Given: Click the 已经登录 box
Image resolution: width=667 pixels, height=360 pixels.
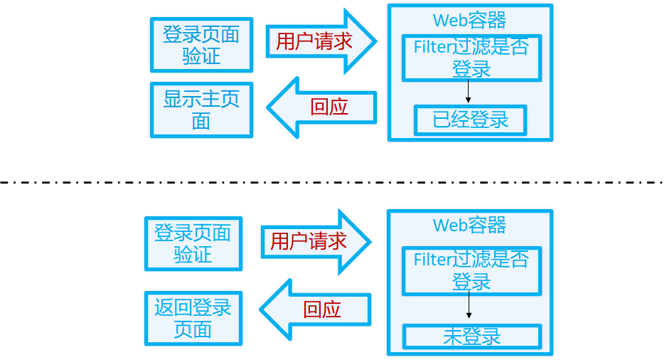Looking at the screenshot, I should (471, 120).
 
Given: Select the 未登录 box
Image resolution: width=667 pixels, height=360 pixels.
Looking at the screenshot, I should (472, 337).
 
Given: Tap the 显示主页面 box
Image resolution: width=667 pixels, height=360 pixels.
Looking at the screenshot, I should (201, 110).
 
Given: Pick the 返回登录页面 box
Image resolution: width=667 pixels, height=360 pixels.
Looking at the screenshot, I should (193, 318).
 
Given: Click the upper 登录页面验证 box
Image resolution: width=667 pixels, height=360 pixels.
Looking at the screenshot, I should (201, 45).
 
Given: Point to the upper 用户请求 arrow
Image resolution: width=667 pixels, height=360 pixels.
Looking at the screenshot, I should (319, 41).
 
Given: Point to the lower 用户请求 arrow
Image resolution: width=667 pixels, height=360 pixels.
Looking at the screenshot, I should (314, 241).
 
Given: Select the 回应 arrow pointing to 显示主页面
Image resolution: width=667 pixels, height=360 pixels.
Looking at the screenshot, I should (323, 107).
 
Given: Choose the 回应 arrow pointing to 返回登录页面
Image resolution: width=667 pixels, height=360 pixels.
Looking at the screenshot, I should (316, 309).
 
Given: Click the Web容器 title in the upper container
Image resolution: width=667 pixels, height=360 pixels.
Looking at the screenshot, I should (470, 20).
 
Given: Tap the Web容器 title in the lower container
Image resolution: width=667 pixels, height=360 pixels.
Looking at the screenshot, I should (470, 226).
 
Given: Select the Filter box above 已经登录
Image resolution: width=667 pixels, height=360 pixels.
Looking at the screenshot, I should (471, 58).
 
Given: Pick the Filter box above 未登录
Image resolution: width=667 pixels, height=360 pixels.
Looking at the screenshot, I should (471, 270).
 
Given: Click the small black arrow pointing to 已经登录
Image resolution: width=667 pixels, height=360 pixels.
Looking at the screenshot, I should (469, 92).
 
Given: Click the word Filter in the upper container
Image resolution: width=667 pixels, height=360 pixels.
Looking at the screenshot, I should (433, 48).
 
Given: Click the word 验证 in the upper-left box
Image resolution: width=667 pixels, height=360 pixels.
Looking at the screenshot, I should (201, 56).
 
